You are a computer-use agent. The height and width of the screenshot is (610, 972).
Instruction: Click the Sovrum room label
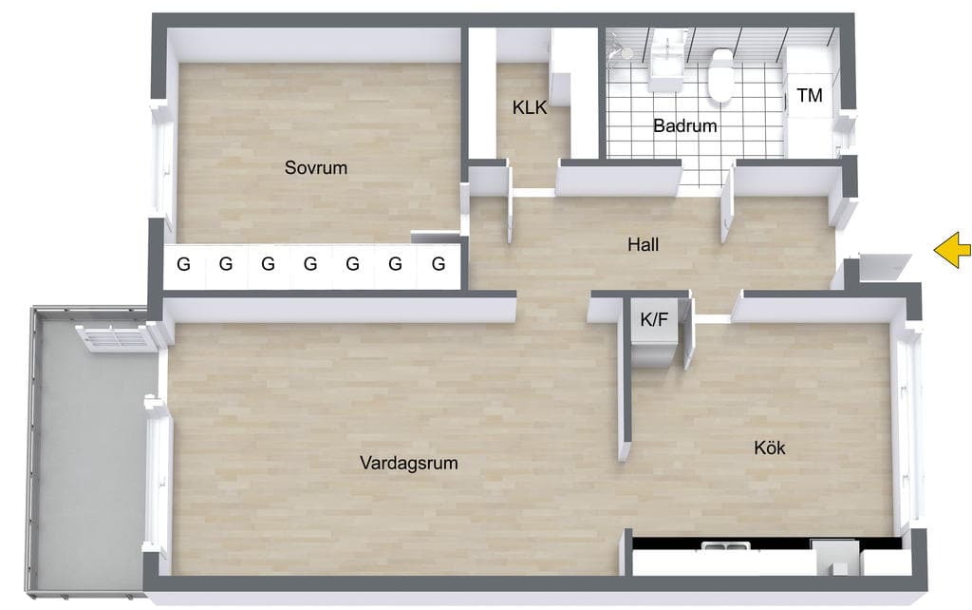[x=315, y=167]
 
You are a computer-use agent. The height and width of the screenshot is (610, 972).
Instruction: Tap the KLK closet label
[x=530, y=107]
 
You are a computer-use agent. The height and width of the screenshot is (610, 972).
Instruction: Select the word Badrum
[x=685, y=126]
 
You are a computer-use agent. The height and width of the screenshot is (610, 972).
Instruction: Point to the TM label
[x=810, y=96]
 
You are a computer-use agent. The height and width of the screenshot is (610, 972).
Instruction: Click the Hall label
[x=643, y=244]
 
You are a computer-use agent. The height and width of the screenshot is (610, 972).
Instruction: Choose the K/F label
[x=654, y=319]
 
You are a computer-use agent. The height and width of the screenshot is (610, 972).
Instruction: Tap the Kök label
[x=769, y=448]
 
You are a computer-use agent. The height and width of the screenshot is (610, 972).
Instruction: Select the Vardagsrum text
[x=408, y=463]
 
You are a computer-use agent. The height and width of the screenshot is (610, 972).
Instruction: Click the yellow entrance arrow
[x=953, y=250]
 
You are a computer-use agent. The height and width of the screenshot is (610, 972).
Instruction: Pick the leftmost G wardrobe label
[x=183, y=264]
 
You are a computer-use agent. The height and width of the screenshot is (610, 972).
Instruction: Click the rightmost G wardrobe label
[x=439, y=264]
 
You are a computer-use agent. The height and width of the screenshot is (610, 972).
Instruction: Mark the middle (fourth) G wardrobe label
[x=310, y=264]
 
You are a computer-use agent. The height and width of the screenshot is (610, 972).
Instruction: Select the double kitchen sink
[x=725, y=546]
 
